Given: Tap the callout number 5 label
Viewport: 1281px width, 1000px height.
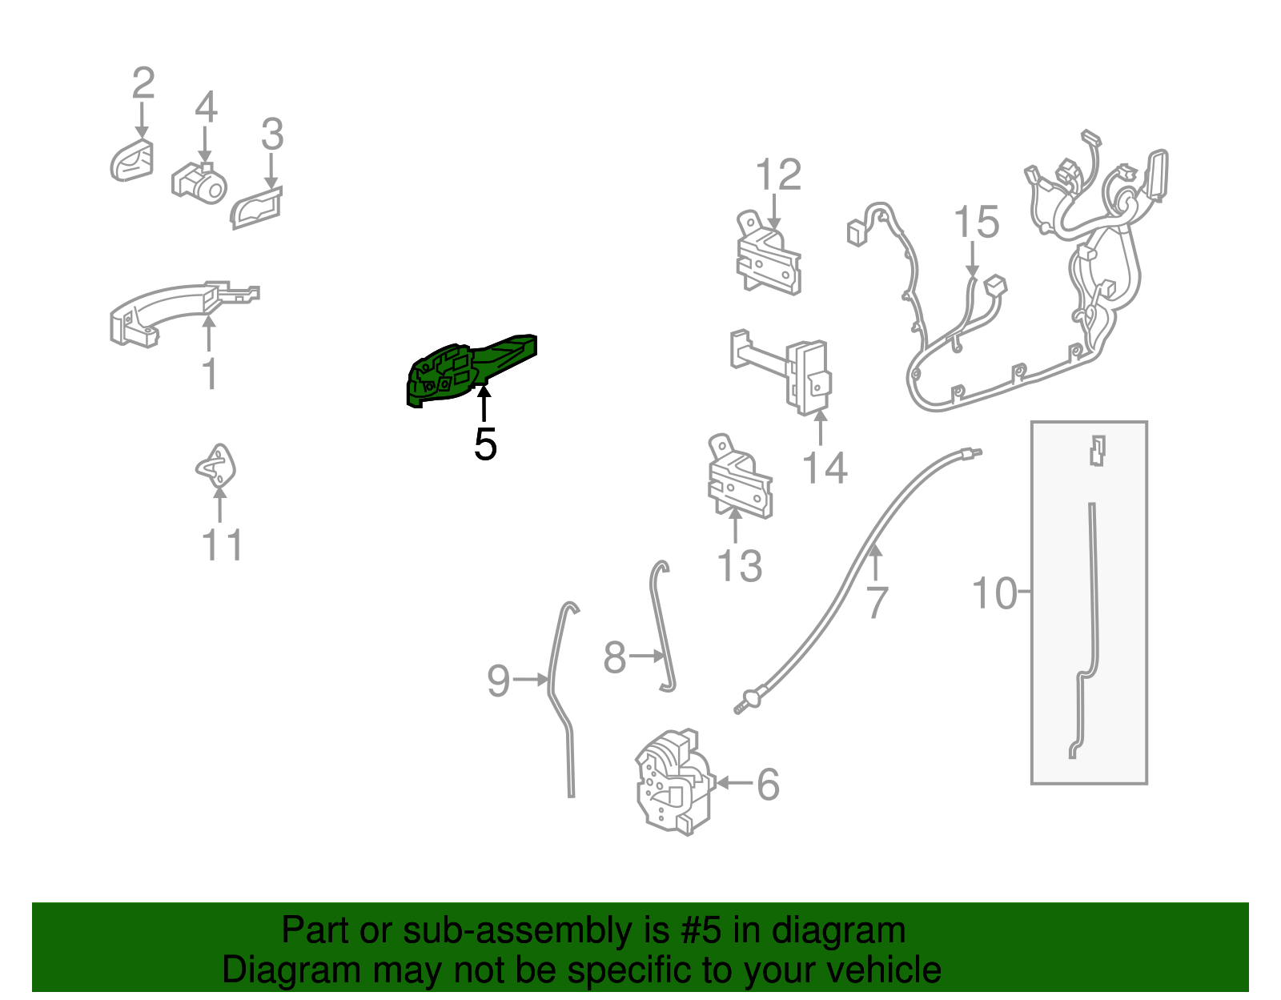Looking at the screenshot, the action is click(485, 444).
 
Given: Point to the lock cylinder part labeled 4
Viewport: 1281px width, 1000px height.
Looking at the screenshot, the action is click(199, 183).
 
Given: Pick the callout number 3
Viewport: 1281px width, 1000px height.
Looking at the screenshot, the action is click(272, 134).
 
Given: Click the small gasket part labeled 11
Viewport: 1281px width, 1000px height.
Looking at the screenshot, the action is click(216, 467).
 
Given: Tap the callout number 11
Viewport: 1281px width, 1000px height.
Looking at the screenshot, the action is click(223, 544).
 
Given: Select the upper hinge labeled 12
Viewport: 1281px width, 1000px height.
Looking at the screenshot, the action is click(768, 253).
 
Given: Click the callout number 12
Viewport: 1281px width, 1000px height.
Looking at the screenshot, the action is click(778, 175).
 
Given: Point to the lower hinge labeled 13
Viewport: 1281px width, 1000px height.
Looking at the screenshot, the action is click(740, 477).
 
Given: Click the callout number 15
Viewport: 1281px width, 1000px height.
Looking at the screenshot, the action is click(976, 222).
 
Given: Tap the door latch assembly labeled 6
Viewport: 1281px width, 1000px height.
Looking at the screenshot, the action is click(674, 782).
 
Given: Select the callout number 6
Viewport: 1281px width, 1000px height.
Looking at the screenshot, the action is click(768, 785).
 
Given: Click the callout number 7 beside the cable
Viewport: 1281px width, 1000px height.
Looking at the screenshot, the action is click(877, 601).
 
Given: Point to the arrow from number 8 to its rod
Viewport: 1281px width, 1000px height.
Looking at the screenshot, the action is click(646, 655).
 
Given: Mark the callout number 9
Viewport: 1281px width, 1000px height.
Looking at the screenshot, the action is click(498, 680).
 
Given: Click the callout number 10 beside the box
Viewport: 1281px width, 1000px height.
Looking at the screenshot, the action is click(994, 592).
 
